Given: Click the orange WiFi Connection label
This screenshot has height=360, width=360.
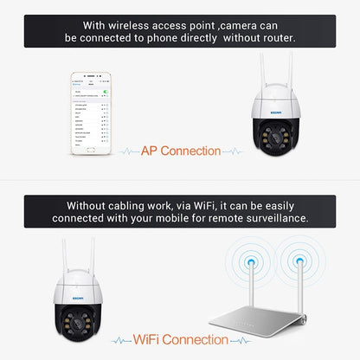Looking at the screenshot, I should click(x=183, y=339).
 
